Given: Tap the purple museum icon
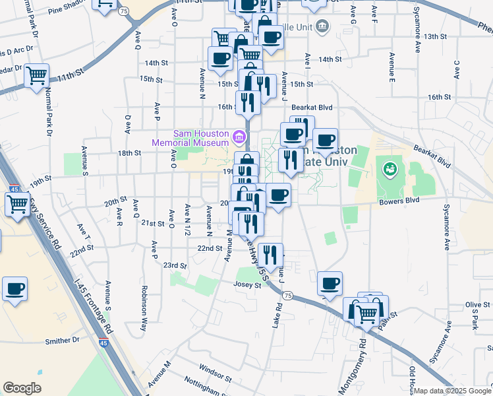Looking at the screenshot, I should (x=239, y=138).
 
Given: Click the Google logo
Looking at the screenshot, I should (x=22, y=388).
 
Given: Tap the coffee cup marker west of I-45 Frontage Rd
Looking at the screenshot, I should (x=14, y=288).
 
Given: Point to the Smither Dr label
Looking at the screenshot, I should (x=62, y=341).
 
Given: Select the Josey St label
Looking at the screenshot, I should (x=247, y=284).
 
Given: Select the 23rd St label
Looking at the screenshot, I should (x=175, y=265).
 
